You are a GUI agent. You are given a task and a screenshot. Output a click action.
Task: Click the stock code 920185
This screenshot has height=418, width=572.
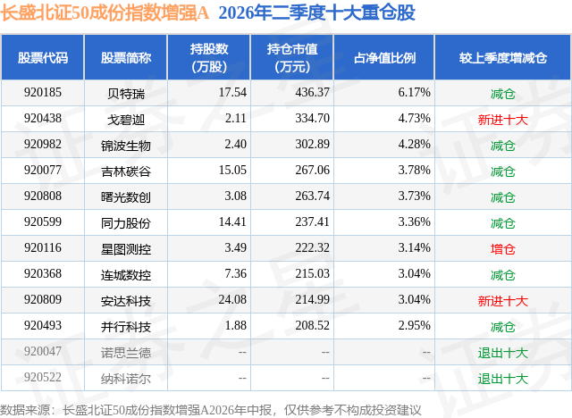click(x=43, y=93)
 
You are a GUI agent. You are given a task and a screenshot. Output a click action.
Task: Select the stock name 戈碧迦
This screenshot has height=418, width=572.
click(x=126, y=119)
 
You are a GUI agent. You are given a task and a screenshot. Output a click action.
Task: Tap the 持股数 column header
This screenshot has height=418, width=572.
click(x=209, y=57)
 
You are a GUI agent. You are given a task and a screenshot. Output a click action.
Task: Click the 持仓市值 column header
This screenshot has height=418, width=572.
click(x=292, y=57)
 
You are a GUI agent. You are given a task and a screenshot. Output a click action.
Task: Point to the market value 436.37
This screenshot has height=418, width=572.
click(x=312, y=93)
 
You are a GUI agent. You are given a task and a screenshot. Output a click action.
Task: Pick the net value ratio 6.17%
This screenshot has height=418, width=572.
click(x=414, y=93)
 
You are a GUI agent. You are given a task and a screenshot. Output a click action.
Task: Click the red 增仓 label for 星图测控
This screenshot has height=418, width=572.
click(x=502, y=249)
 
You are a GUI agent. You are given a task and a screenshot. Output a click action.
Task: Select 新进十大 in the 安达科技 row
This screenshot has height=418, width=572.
click(x=502, y=301)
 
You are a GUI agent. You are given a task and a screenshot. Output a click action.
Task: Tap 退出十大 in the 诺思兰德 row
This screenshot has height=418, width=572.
click(x=502, y=353)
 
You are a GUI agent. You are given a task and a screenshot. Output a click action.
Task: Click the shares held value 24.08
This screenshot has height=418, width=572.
click(x=232, y=299)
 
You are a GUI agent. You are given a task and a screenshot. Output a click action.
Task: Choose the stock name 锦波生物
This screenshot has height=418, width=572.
click(x=126, y=146)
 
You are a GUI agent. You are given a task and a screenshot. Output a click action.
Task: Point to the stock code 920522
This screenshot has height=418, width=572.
click(x=43, y=377)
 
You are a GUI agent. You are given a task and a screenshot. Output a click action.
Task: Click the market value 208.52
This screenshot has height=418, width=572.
click(x=312, y=325)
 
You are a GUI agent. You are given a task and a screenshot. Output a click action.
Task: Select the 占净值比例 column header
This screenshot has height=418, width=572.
click(x=384, y=57)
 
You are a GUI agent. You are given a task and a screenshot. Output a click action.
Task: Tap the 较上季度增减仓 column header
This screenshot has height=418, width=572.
click(x=503, y=57)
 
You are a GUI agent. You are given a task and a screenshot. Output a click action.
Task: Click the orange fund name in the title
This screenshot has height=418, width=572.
click(x=105, y=13)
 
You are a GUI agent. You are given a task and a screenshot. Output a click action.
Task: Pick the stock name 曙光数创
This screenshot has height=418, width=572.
click(x=126, y=197)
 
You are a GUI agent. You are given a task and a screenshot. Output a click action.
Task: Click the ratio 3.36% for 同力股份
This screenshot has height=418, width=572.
click(x=414, y=222)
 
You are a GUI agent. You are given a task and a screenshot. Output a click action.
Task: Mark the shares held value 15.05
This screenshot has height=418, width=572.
click(x=232, y=171)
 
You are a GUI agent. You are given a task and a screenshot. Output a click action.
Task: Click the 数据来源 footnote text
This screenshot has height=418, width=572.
click(x=211, y=410)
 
